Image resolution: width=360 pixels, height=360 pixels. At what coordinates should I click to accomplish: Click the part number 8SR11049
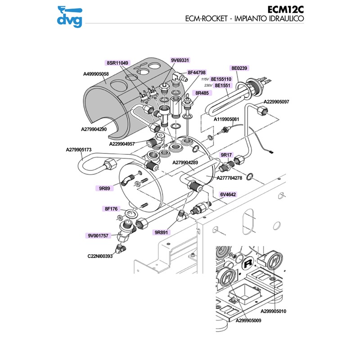pos(117,63)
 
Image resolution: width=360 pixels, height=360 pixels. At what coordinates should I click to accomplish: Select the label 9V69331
pos(180,60)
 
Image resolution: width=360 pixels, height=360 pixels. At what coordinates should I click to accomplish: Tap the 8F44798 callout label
pos(197,72)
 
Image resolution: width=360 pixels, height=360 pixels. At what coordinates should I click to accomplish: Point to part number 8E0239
pos(240,68)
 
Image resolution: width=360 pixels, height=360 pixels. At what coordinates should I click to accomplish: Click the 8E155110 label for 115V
pos(221,79)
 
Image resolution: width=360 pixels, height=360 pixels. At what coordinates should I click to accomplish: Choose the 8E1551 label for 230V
pos(223,85)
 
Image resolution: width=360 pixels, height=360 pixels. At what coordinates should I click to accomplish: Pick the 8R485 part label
pos(202,93)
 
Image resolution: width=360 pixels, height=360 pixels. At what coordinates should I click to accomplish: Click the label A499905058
pos(96,74)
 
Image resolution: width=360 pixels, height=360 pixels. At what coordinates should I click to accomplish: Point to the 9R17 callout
pos(226,155)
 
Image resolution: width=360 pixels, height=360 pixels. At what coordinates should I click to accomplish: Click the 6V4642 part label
pos(228,195)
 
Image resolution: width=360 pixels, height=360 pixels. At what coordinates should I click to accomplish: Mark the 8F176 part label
pos(111,209)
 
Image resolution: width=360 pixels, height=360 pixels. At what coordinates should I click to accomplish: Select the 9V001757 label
pos(98,236)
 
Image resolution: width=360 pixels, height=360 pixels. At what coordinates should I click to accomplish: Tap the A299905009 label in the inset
pos(248,321)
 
